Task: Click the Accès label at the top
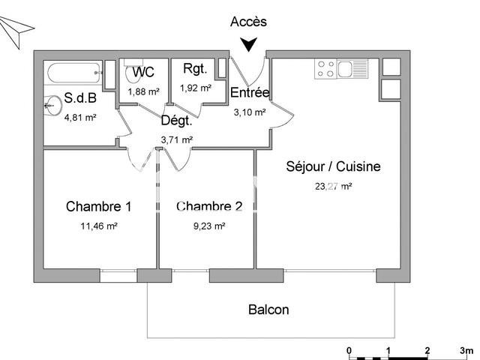248,22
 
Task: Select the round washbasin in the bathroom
52,104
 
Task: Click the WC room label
143,73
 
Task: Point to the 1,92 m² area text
195,87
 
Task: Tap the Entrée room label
250,93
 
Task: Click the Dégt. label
177,120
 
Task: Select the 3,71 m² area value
177,139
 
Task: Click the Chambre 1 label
99,206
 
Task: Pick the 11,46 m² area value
99,225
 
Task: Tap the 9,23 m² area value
209,225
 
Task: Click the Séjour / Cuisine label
333,166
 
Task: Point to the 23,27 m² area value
334,186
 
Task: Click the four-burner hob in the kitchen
326,70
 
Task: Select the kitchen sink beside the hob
350,70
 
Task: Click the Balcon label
268,309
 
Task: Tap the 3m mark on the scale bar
466,350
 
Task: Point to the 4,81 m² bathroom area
79,117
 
